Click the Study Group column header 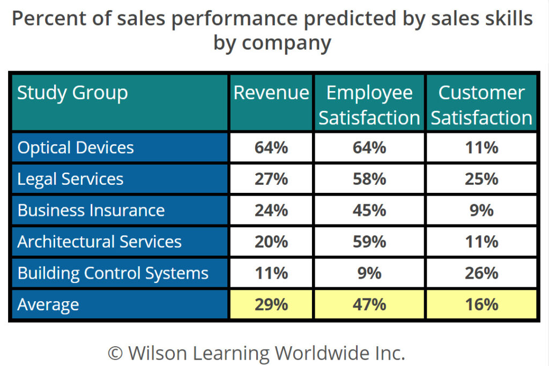point(72,93)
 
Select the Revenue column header point(271,93)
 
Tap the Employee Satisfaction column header point(369,105)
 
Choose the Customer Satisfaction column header point(481,105)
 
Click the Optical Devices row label point(76,147)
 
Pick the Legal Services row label point(70,179)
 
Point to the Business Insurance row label point(91,210)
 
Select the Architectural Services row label point(100,242)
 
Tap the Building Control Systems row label point(113,273)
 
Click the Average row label point(48,305)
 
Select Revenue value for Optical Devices point(271,147)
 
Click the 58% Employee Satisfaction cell point(369,179)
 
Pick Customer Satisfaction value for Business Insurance point(481,210)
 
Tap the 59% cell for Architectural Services point(369,242)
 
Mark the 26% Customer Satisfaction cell point(481,273)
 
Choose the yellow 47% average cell point(369,305)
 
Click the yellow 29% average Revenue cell point(271,305)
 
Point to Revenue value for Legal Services point(271,179)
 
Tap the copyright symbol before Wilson point(115,353)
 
